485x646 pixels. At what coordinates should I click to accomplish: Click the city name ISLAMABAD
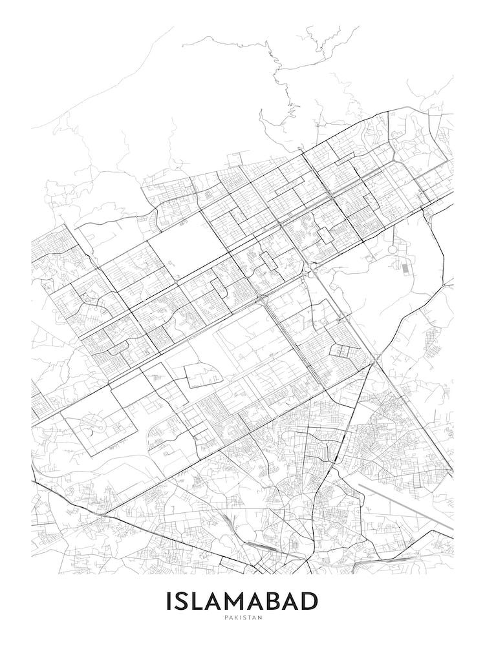tap(242, 601)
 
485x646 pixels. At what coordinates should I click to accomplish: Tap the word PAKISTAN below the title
tap(242, 618)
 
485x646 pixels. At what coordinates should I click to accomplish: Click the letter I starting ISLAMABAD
tap(169, 601)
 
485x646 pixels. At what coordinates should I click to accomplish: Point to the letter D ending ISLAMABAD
tap(309, 601)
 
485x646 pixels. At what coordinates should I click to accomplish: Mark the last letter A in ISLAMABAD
tap(292, 601)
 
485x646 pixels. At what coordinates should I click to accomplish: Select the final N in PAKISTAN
tap(261, 618)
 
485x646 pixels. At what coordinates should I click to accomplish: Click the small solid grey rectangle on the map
tap(405, 267)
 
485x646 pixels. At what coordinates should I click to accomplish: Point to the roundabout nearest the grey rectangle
tap(393, 249)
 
